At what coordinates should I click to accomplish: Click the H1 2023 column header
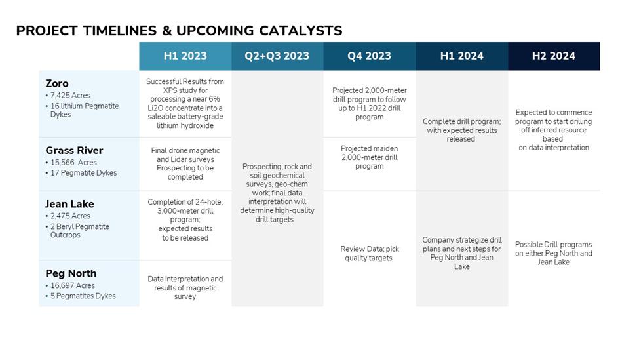pyautogui.click(x=185, y=56)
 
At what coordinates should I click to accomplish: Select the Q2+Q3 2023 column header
pyautogui.click(x=277, y=56)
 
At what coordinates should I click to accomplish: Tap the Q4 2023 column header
pyautogui.click(x=369, y=56)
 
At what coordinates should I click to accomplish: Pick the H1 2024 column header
pyautogui.click(x=462, y=56)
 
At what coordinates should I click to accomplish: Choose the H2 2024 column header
pyautogui.click(x=554, y=56)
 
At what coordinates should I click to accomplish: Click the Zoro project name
pyautogui.click(x=57, y=83)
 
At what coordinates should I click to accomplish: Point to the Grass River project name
pyautogui.click(x=74, y=150)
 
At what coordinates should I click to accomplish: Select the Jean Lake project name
pyautogui.click(x=69, y=204)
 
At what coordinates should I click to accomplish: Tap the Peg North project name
pyautogui.click(x=71, y=273)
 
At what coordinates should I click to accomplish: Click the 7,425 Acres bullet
pyautogui.click(x=68, y=95)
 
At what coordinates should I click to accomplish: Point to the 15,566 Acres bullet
pyautogui.click(x=71, y=162)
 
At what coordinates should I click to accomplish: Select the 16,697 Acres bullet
pyautogui.click(x=70, y=285)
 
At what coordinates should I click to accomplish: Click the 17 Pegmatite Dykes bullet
pyautogui.click(x=81, y=173)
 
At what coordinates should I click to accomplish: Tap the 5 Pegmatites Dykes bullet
pyautogui.click(x=81, y=296)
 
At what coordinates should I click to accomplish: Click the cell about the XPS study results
pyautogui.click(x=185, y=104)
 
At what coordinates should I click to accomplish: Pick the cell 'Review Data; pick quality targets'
pyautogui.click(x=369, y=253)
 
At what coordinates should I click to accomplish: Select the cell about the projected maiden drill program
pyautogui.click(x=369, y=157)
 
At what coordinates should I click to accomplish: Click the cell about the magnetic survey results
pyautogui.click(x=185, y=287)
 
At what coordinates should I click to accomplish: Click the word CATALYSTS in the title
pyautogui.click(x=301, y=31)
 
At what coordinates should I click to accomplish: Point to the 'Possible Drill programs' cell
pyautogui.click(x=554, y=253)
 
